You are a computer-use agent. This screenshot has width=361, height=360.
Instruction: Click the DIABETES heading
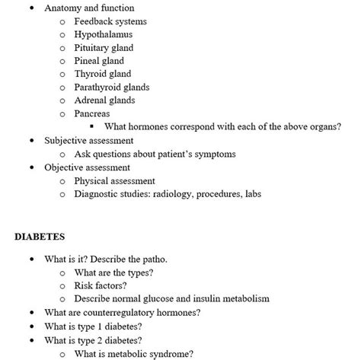click(40, 237)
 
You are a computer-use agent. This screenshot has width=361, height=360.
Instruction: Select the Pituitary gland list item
click(104, 48)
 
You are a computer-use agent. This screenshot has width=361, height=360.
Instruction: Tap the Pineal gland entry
click(99, 61)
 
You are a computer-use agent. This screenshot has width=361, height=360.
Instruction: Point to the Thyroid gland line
click(102, 74)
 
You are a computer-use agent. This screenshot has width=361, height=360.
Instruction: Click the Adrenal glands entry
click(104, 100)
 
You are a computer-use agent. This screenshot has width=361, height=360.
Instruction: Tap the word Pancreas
click(92, 113)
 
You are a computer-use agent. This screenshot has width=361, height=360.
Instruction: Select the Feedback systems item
click(110, 21)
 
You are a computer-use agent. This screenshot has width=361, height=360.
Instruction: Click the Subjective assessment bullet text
click(89, 141)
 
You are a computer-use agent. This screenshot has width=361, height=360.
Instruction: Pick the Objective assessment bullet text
click(87, 167)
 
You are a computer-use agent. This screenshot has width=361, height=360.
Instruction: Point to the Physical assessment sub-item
click(114, 181)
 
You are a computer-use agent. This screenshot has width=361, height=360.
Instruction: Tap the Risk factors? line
click(104, 285)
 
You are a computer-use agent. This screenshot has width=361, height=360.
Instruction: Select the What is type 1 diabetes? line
click(93, 326)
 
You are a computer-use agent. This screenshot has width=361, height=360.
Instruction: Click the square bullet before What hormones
click(91, 127)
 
